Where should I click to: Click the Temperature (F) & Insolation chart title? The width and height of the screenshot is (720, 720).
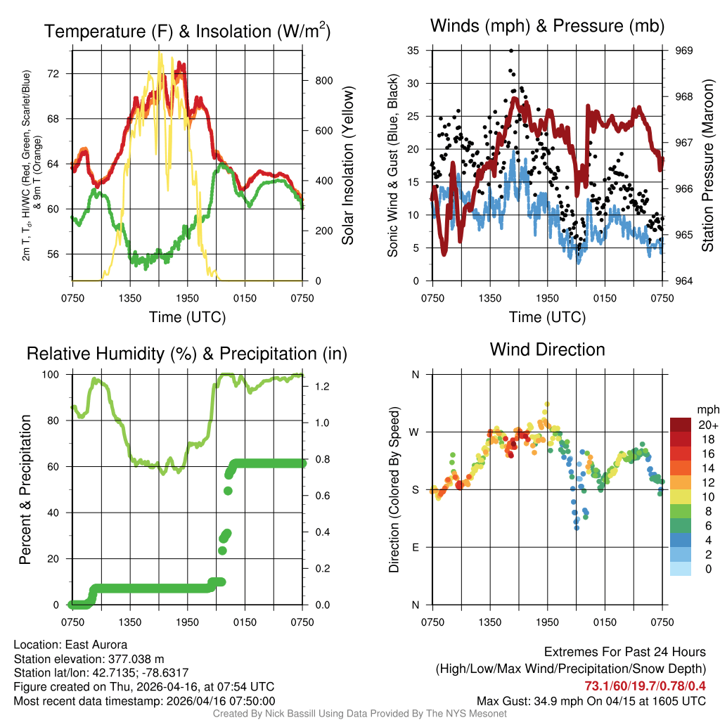coord(187,32)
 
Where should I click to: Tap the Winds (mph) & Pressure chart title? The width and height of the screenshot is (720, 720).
coord(548,26)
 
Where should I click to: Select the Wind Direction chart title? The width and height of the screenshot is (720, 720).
coord(547,349)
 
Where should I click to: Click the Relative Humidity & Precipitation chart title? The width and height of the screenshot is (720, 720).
coord(186,354)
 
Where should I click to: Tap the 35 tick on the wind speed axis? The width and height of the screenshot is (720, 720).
coord(413,51)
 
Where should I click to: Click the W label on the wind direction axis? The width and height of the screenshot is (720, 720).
coord(415,432)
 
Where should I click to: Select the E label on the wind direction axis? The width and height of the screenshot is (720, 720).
coord(416,547)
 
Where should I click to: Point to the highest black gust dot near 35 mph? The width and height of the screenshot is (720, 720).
coord(511,51)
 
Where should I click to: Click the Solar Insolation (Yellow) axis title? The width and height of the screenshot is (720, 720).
coord(347,165)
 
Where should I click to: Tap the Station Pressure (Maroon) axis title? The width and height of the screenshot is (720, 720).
coord(708,165)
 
